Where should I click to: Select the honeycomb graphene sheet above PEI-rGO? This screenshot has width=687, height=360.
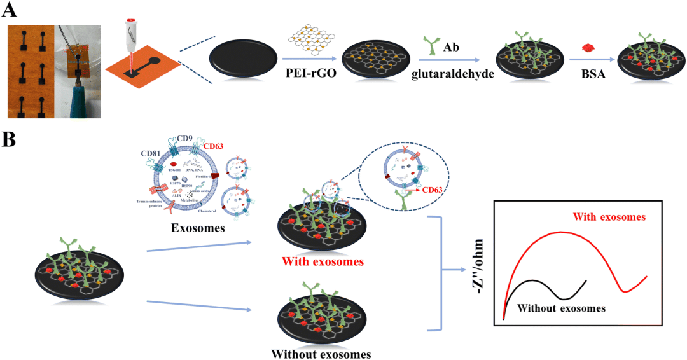tap(310, 41)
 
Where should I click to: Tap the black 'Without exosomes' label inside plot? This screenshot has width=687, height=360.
tap(560, 308)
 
